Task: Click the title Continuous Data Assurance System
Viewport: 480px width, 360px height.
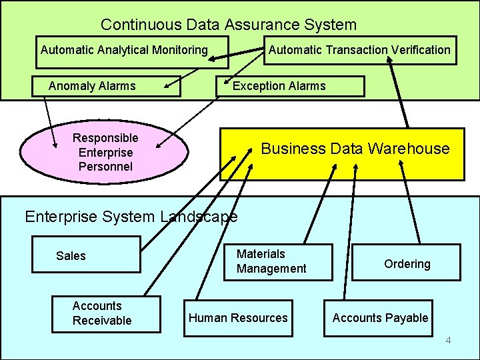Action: point(229,25)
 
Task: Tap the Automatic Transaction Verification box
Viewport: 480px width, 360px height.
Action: point(359,50)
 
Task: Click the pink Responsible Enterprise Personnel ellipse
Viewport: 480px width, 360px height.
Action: point(105,152)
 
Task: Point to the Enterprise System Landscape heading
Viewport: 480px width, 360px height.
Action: point(131,217)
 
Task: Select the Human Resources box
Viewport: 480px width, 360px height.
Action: point(238,318)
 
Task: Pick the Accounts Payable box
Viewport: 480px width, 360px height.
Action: point(380,318)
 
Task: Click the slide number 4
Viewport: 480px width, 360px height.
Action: point(448,341)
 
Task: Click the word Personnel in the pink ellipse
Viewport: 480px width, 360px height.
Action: point(105,167)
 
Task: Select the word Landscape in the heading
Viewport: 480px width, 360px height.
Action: point(199,217)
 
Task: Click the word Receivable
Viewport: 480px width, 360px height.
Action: point(102,321)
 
